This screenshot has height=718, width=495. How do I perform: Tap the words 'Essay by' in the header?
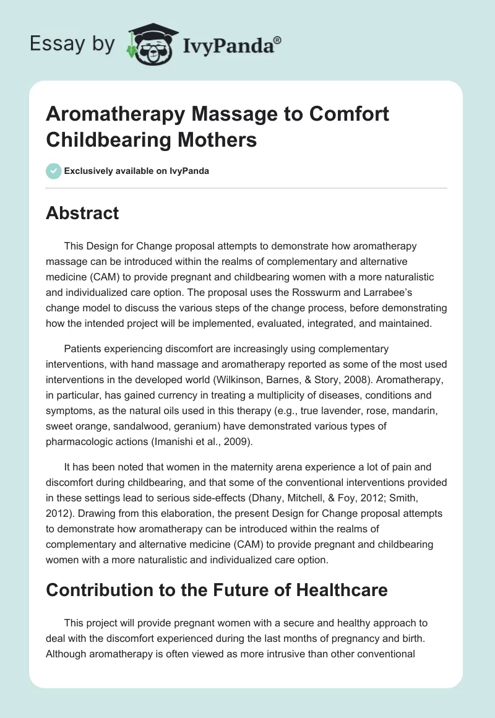tap(72, 44)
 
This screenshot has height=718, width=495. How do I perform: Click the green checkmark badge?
tap(53, 171)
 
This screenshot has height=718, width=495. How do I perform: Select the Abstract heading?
tap(82, 214)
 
